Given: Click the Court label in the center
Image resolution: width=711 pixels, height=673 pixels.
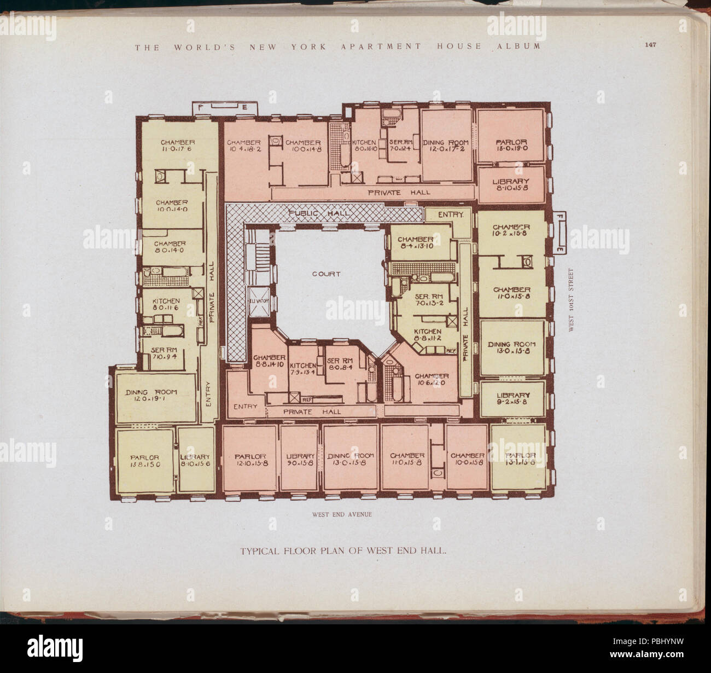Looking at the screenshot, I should click(326, 274).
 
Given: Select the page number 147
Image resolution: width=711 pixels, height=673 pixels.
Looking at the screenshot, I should click(650, 45).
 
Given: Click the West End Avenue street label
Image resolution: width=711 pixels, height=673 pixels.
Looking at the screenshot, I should click(342, 514).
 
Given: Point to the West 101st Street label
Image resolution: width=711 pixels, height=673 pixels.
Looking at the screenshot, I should click(571, 300).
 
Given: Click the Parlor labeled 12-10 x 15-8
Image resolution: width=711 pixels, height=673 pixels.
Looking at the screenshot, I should click(250, 459).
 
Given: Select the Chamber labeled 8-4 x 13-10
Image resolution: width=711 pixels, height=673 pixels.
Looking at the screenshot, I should click(416, 242).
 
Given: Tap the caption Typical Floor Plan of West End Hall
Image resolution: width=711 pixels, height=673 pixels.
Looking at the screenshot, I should click(344, 551).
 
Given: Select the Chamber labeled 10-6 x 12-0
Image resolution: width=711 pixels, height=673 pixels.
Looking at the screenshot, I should click(432, 379).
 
